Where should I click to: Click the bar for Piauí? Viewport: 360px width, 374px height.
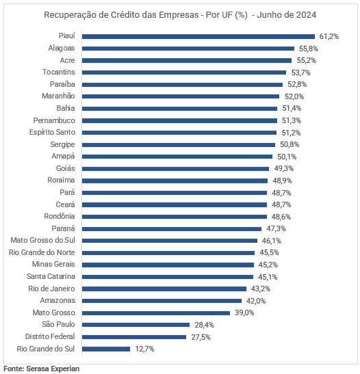(198, 36)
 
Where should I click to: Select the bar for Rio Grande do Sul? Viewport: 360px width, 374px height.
(106, 349)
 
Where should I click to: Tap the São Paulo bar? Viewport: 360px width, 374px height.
(136, 325)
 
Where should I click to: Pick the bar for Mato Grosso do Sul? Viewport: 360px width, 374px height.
(170, 241)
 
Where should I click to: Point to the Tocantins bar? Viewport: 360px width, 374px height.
(184, 72)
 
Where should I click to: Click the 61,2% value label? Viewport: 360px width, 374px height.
(329, 36)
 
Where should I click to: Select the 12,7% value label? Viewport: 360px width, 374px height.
(144, 349)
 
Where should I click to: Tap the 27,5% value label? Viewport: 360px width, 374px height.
(201, 337)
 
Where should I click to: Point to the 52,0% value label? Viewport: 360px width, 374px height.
(294, 96)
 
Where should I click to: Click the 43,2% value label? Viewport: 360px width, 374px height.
(261, 289)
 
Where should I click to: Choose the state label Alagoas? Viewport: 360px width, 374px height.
(62, 48)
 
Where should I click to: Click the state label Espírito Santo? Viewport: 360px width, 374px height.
(52, 132)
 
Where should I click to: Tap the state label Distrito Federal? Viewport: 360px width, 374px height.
(50, 336)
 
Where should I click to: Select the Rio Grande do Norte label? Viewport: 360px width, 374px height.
(42, 252)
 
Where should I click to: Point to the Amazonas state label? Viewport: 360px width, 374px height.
(57, 300)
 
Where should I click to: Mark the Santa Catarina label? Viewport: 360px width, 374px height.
(51, 276)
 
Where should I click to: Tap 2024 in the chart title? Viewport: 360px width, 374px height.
(307, 15)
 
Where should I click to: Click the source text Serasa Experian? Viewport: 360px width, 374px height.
(53, 369)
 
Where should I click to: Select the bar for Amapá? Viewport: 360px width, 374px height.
(177, 157)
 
